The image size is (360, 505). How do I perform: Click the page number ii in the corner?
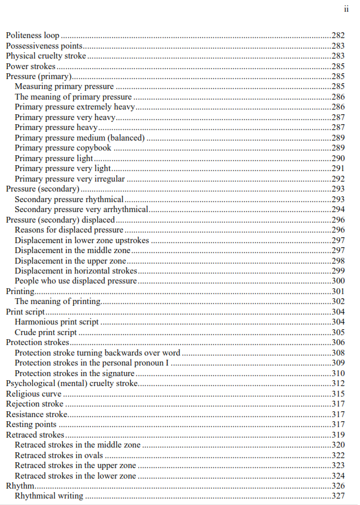[345, 9]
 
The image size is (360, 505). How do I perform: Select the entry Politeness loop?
[33, 36]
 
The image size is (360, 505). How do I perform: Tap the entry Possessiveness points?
[44, 46]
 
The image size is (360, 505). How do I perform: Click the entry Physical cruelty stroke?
[46, 56]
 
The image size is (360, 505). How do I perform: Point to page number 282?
[338, 36]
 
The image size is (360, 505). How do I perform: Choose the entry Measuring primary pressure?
[64, 87]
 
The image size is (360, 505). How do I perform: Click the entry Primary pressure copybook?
[63, 148]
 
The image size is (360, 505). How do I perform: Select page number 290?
[338, 159]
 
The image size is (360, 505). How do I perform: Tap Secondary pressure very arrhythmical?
[81, 210]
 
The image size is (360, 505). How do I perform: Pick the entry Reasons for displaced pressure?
[69, 230]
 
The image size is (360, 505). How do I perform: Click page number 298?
[338, 261]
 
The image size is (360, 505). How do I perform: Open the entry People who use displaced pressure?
[76, 281]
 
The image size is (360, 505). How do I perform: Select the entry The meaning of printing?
[58, 302]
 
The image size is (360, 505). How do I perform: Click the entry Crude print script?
[46, 333]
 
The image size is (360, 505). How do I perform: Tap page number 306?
[338, 343]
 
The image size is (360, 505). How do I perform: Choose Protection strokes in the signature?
[74, 374]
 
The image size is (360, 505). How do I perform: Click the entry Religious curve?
[33, 394]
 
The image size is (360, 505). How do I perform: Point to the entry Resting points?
[31, 425]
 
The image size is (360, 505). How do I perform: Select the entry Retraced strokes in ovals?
[59, 456]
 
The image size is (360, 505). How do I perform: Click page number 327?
[338, 497]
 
